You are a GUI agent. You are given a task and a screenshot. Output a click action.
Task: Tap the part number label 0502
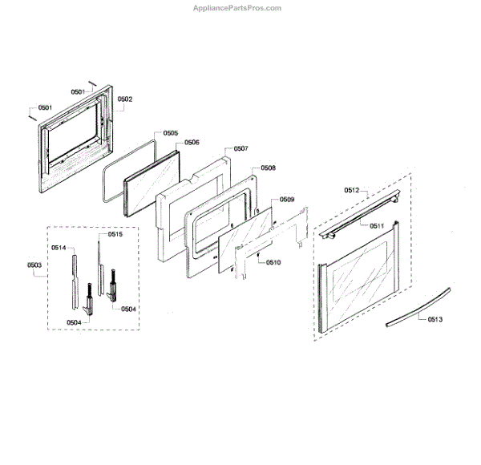(x=125, y=99)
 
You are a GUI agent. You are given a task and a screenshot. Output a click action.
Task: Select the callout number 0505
(x=171, y=132)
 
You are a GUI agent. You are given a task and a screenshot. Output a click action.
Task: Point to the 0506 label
(x=192, y=142)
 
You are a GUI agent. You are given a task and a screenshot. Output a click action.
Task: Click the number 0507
(x=240, y=149)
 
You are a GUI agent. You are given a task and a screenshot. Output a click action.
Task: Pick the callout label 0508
(x=268, y=168)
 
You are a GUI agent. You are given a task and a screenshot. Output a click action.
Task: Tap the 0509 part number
(x=287, y=199)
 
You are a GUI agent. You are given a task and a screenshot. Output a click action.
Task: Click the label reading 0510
(x=273, y=263)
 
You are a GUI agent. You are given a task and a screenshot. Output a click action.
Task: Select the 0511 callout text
(x=377, y=226)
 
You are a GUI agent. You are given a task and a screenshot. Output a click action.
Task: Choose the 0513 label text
(x=435, y=320)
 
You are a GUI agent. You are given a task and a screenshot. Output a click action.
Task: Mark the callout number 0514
(x=59, y=248)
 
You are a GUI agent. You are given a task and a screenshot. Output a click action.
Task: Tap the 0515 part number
(x=115, y=235)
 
